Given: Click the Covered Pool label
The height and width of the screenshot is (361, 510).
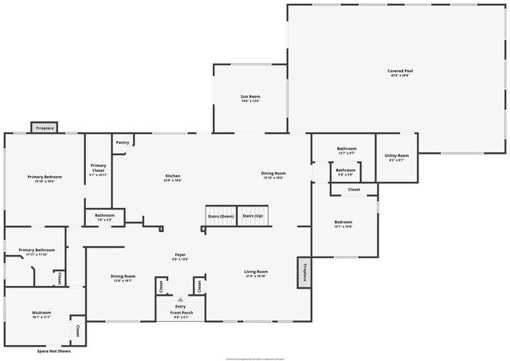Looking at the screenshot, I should (x=400, y=71).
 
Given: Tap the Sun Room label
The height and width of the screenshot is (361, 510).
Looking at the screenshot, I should (x=251, y=96).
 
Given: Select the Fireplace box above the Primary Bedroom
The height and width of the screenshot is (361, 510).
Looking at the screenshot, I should (x=44, y=128).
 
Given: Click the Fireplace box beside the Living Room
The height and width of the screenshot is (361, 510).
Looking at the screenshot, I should (x=303, y=270).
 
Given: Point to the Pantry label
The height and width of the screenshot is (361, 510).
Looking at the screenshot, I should (x=122, y=143).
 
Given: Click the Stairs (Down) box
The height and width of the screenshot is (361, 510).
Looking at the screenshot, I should (x=221, y=216).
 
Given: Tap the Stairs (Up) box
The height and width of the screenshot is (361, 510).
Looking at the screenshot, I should (x=253, y=216).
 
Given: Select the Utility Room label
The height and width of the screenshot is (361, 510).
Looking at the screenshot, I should (x=396, y=155).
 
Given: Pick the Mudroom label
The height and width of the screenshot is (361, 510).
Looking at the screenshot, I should (x=41, y=312).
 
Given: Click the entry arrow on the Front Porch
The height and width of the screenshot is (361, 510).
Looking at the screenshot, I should (x=180, y=300).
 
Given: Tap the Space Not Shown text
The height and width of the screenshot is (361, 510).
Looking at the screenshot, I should (x=53, y=351).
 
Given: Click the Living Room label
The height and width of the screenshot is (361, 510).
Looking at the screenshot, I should (x=256, y=272).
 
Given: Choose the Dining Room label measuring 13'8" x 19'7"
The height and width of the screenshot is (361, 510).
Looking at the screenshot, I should (x=124, y=277).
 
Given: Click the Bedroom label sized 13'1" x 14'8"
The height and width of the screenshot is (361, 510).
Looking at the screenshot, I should (x=343, y=222).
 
